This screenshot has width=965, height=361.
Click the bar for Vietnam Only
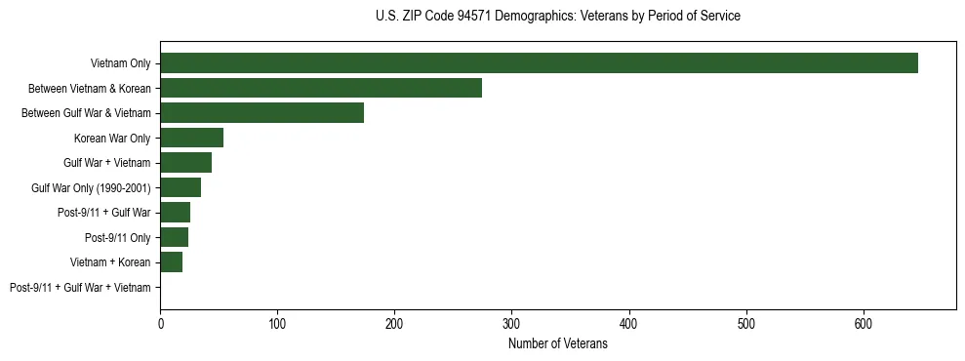pyautogui.click(x=539, y=63)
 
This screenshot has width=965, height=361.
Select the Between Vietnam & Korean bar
pyautogui.click(x=321, y=88)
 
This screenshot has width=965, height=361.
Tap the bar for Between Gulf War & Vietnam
pyautogui.click(x=261, y=113)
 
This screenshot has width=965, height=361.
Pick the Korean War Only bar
pyautogui.click(x=191, y=138)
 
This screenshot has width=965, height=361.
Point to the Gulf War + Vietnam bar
pyautogui.click(x=185, y=163)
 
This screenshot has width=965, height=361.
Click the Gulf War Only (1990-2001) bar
pyautogui.click(x=181, y=187)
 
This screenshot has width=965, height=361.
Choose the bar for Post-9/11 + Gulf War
pyautogui.click(x=175, y=213)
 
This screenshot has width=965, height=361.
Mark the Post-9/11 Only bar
pyautogui.click(x=174, y=237)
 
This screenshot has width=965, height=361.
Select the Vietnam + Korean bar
pyautogui.click(x=171, y=262)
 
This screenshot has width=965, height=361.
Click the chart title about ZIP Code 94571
pyautogui.click(x=557, y=17)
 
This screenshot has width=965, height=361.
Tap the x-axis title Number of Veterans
pyautogui.click(x=557, y=344)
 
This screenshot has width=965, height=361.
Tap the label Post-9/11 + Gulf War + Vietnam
pyautogui.click(x=80, y=288)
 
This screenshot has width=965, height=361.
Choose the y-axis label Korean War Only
pyautogui.click(x=112, y=139)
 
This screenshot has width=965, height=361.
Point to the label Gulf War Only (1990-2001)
pyautogui.click(x=91, y=188)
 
